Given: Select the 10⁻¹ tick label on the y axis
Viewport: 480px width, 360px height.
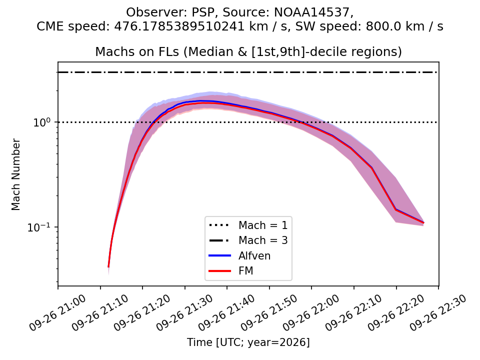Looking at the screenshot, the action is point(39,227).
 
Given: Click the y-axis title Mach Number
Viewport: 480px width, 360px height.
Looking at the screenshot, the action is point(15,174).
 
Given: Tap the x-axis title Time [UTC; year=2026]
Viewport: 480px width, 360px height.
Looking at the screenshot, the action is point(248,342).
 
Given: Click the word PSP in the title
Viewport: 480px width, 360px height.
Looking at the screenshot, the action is point(203,12).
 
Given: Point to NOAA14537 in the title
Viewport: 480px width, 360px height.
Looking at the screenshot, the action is point(311,12).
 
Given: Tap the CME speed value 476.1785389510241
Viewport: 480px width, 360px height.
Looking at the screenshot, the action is point(179,26).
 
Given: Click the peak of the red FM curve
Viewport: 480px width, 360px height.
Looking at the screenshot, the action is point(205,103).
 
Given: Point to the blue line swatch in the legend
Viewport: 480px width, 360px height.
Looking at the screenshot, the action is point(219,255).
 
